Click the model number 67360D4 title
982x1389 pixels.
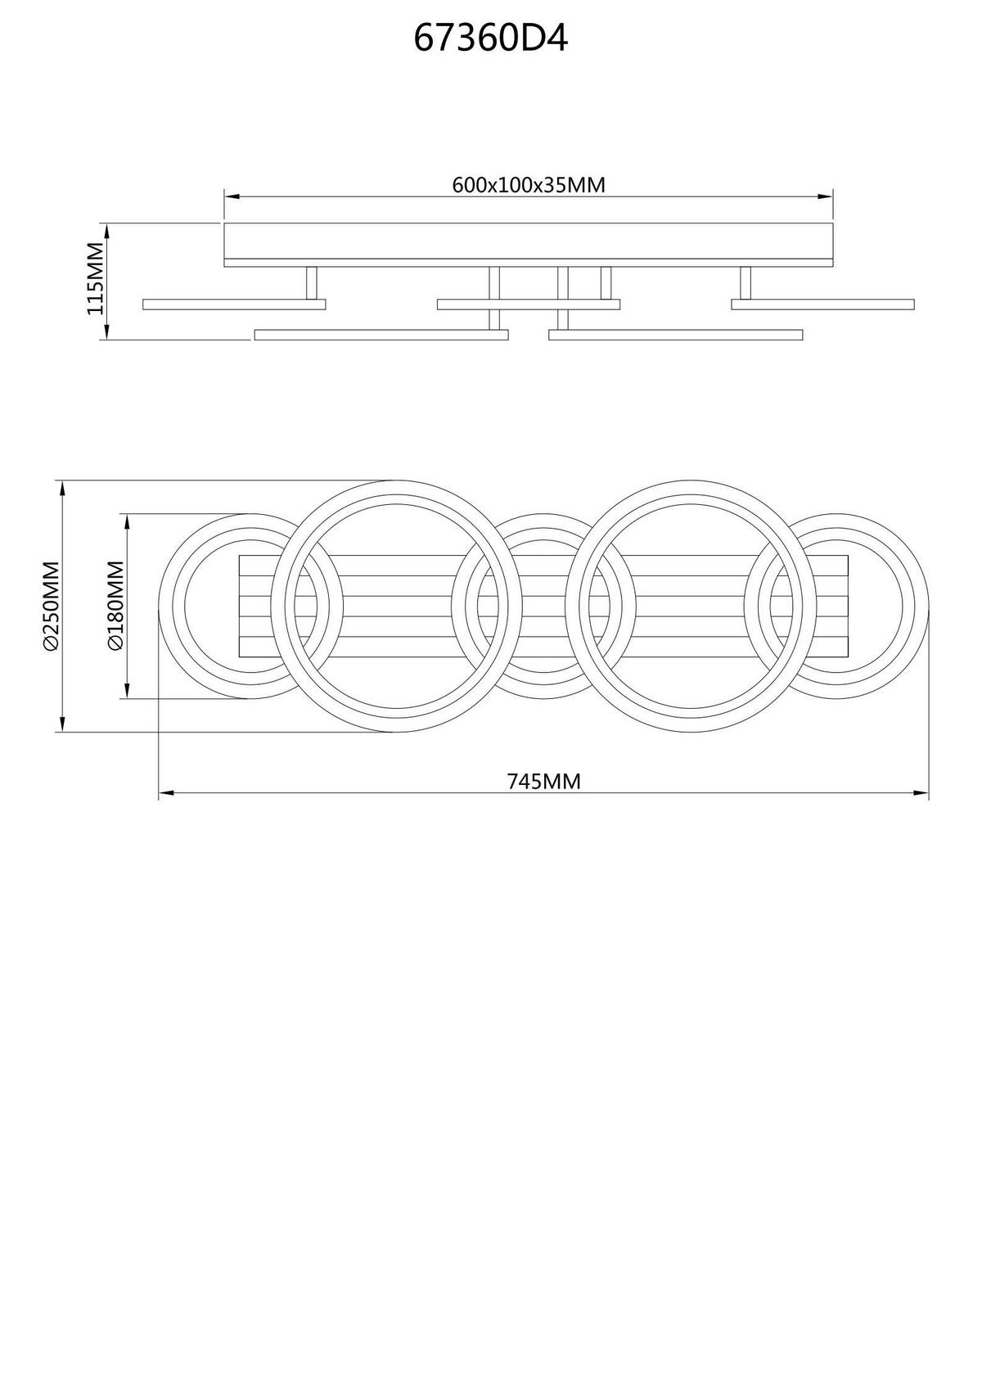click(490, 38)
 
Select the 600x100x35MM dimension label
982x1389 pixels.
click(529, 185)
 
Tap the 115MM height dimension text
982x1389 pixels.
click(96, 278)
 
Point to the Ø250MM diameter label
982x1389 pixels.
click(51, 606)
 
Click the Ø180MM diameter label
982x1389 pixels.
click(115, 606)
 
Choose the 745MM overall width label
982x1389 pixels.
click(544, 782)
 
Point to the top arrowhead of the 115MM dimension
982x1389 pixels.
click(106, 228)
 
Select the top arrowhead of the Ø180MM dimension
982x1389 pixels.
click(126, 521)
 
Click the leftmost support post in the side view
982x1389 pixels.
click(312, 283)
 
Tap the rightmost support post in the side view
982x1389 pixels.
click(746, 283)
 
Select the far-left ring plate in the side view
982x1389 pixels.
click(234, 304)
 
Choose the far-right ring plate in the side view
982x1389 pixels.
click(822, 304)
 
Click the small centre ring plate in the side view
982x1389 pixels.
click(528, 304)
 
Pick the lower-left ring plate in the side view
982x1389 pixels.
click(381, 335)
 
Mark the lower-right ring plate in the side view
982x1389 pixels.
click(676, 335)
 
